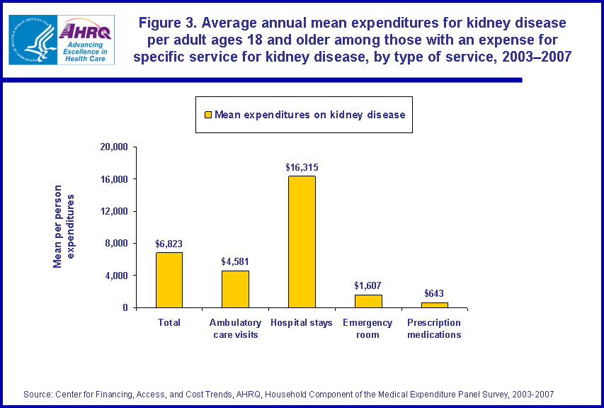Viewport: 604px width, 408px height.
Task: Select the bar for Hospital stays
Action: [302, 242]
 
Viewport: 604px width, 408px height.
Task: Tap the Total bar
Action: [169, 280]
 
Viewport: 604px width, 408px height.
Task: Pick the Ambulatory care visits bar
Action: [235, 289]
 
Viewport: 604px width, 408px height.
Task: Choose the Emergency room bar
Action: [368, 301]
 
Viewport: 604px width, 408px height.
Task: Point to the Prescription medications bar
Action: [434, 305]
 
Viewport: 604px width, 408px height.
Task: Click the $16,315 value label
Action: [302, 168]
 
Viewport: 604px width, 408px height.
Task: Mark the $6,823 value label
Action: [169, 244]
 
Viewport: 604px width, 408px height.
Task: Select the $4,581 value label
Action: [235, 262]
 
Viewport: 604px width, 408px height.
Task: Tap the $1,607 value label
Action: [368, 286]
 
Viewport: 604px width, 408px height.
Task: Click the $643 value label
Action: [434, 294]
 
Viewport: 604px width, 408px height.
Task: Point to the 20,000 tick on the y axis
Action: [113, 147]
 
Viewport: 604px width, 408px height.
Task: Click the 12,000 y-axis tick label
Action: [113, 211]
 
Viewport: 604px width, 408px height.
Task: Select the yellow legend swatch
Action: [207, 115]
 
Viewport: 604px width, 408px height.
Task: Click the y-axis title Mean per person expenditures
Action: [63, 227]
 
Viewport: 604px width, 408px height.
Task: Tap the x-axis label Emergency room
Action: [368, 329]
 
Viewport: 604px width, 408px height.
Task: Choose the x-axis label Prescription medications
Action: [434, 329]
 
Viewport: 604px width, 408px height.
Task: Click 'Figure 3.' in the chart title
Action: [166, 23]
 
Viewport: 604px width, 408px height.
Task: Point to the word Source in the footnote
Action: [38, 394]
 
